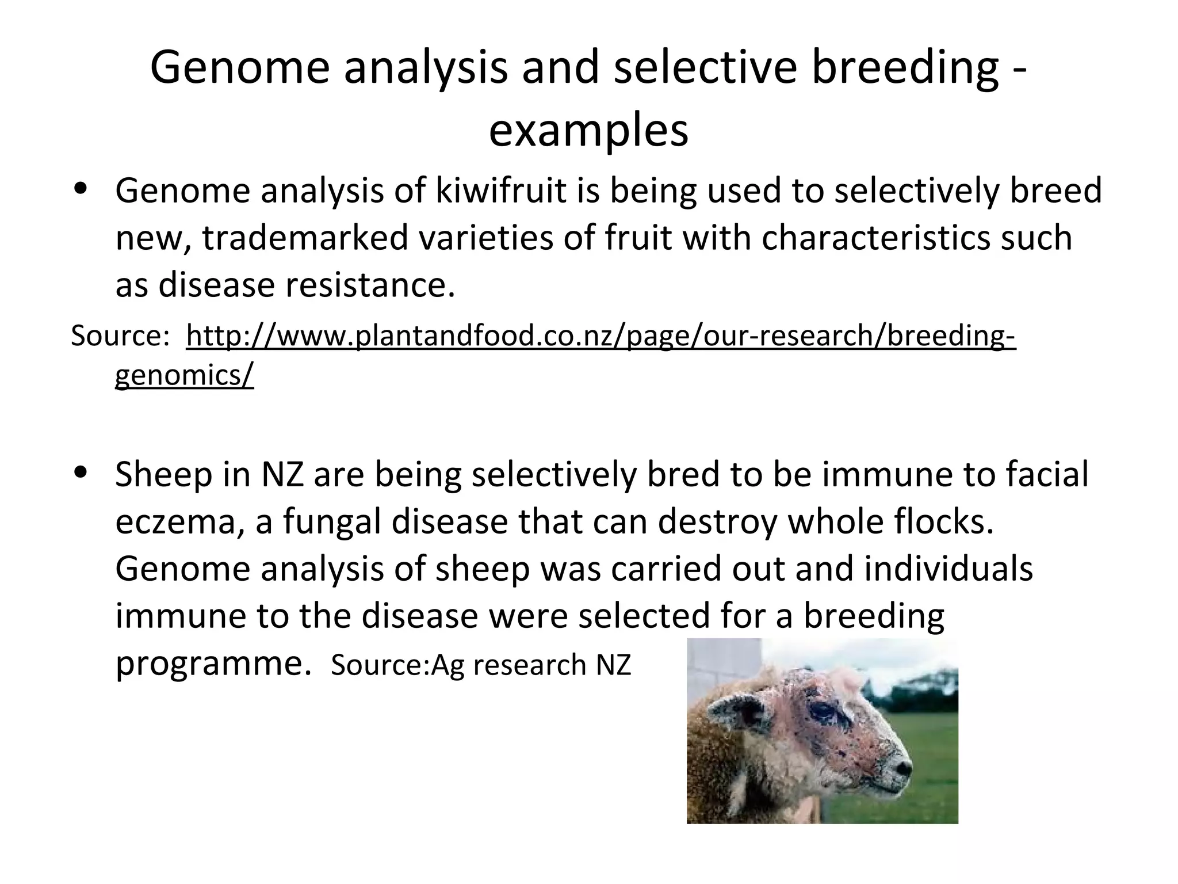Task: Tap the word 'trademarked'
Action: click(304, 238)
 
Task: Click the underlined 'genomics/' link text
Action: click(184, 376)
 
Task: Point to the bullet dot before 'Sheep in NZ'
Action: click(81, 473)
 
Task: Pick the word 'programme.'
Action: click(213, 664)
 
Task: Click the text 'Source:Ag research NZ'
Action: click(481, 665)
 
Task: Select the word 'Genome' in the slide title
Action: click(239, 68)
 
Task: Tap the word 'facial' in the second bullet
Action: click(1046, 475)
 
